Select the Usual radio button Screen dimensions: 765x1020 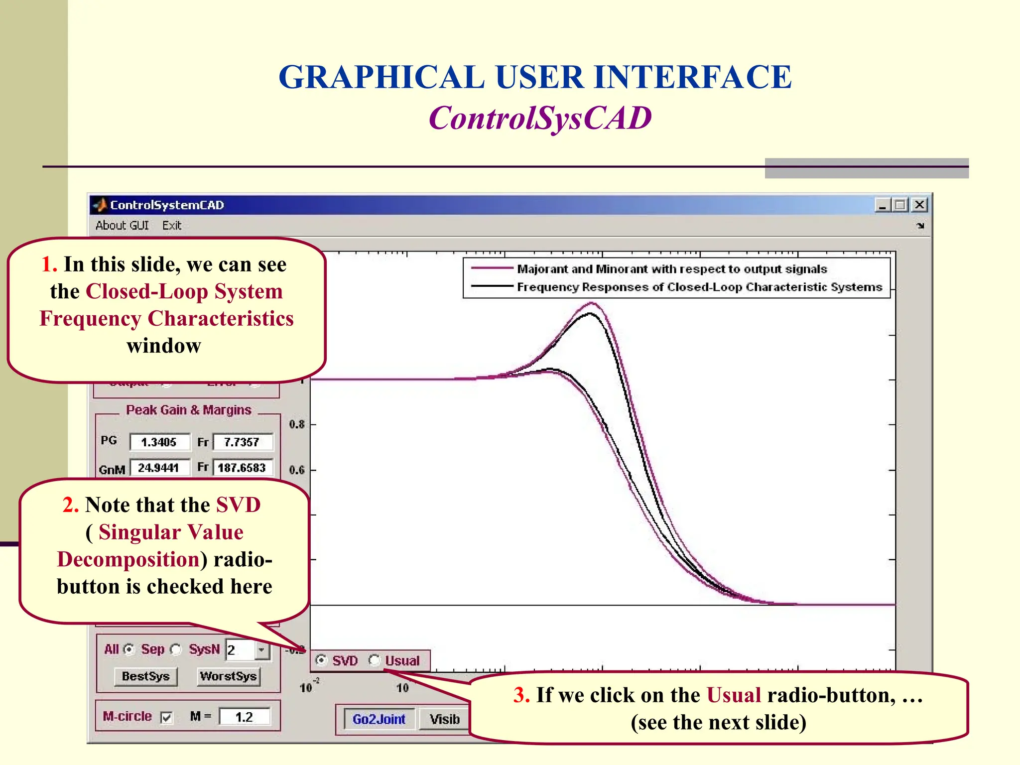[375, 660]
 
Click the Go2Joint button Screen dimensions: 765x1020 [379, 719]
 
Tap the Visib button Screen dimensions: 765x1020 [444, 719]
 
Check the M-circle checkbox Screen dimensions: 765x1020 [167, 718]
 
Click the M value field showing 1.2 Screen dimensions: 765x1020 [245, 717]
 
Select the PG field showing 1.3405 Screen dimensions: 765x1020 [159, 442]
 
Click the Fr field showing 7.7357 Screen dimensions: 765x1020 [243, 442]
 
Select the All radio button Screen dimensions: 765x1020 [129, 649]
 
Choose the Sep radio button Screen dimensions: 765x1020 [176, 649]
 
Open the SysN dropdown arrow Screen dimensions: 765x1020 [262, 650]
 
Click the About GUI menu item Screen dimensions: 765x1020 [122, 226]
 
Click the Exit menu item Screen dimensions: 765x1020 [172, 226]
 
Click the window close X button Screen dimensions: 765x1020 [919, 205]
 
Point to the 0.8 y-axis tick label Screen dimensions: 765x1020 [297, 425]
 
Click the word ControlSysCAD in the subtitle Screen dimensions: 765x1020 [540, 119]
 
